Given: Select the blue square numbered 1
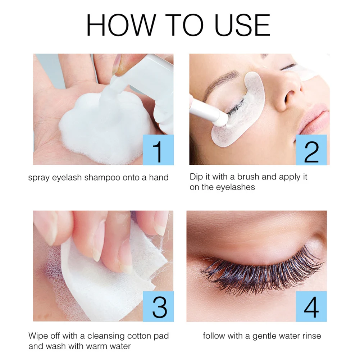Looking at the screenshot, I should (158, 150).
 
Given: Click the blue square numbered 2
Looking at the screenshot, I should (311, 150).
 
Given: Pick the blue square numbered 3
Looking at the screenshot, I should (158, 306).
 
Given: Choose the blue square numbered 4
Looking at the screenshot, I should (311, 306).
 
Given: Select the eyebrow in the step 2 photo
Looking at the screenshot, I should (223, 77).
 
